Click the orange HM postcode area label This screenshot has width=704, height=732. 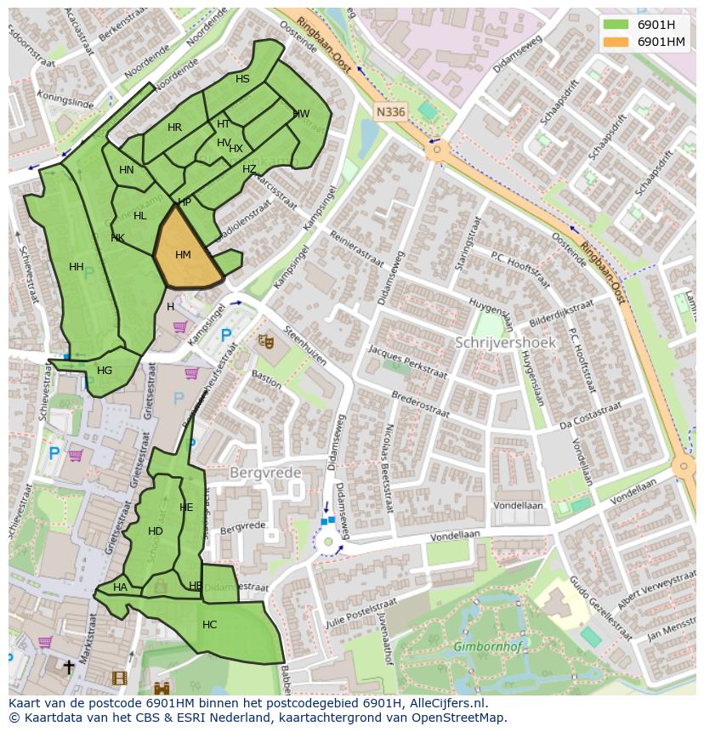(183, 255)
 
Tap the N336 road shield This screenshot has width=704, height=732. (390, 111)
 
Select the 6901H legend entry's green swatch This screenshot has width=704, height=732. (616, 24)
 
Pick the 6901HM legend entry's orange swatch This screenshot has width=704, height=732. (616, 42)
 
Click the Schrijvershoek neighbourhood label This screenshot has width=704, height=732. (505, 343)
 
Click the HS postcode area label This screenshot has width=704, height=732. (242, 79)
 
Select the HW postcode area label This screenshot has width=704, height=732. (301, 114)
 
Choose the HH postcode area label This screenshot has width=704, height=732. (77, 267)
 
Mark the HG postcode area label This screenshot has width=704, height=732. (105, 371)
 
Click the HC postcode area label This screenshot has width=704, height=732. (209, 625)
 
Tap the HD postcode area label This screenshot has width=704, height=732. (155, 531)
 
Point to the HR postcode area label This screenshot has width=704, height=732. (174, 128)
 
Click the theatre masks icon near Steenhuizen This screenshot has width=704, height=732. (266, 341)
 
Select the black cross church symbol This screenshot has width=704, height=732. (69, 667)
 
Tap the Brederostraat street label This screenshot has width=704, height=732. (420, 405)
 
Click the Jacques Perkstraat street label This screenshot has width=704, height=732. (407, 362)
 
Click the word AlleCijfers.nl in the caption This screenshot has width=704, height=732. (444, 703)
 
